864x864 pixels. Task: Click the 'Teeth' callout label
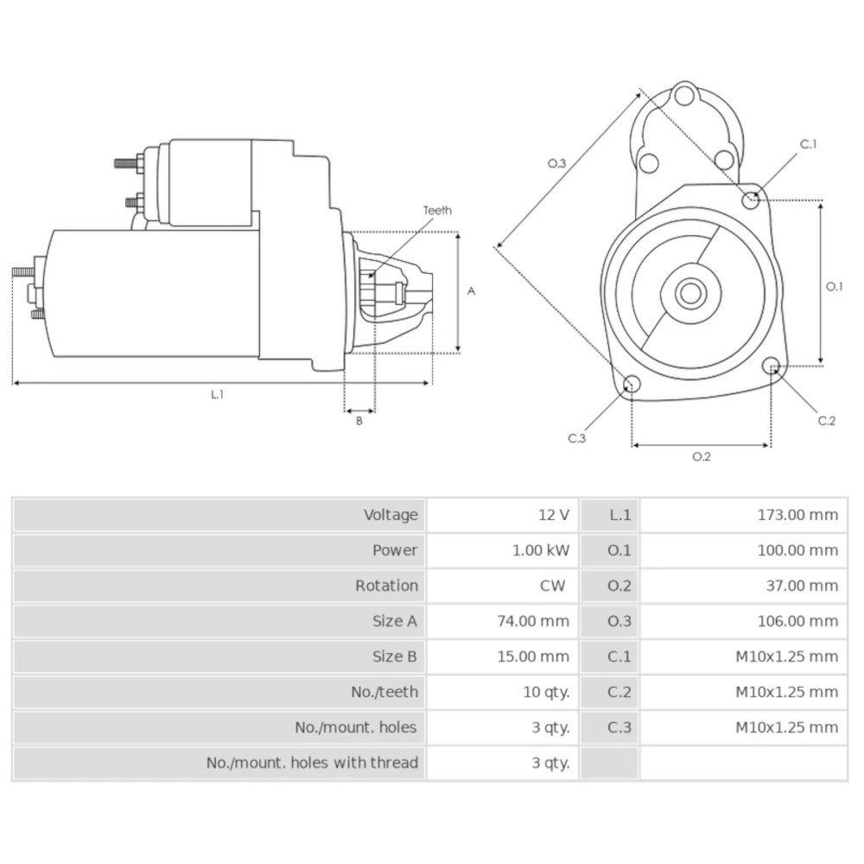[437, 210]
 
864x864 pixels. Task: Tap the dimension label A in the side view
[471, 292]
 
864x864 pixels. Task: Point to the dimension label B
[359, 422]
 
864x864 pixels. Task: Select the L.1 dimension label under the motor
[218, 394]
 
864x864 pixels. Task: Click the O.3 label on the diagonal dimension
[556, 162]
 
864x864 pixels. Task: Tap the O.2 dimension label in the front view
[701, 457]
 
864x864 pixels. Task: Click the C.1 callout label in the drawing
[808, 144]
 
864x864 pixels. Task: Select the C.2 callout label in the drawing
[827, 421]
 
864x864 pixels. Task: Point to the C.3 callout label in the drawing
[577, 438]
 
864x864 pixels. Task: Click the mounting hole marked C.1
[752, 200]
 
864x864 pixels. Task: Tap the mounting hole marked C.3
[632, 384]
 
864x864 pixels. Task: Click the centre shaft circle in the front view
[689, 293]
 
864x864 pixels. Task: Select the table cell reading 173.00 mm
[797, 515]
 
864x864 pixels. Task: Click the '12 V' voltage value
[553, 515]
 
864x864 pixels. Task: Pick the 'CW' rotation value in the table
[553, 586]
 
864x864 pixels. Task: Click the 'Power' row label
[394, 550]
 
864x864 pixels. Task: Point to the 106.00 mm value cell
[797, 621]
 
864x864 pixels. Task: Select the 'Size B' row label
[394, 657]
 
